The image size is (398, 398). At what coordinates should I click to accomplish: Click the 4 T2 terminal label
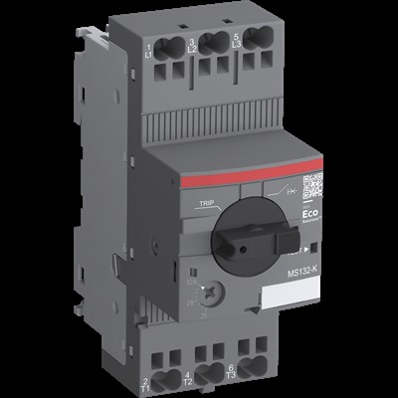pyautogui.click(x=188, y=379)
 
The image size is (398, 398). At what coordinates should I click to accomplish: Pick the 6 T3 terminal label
pyautogui.click(x=231, y=373)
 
